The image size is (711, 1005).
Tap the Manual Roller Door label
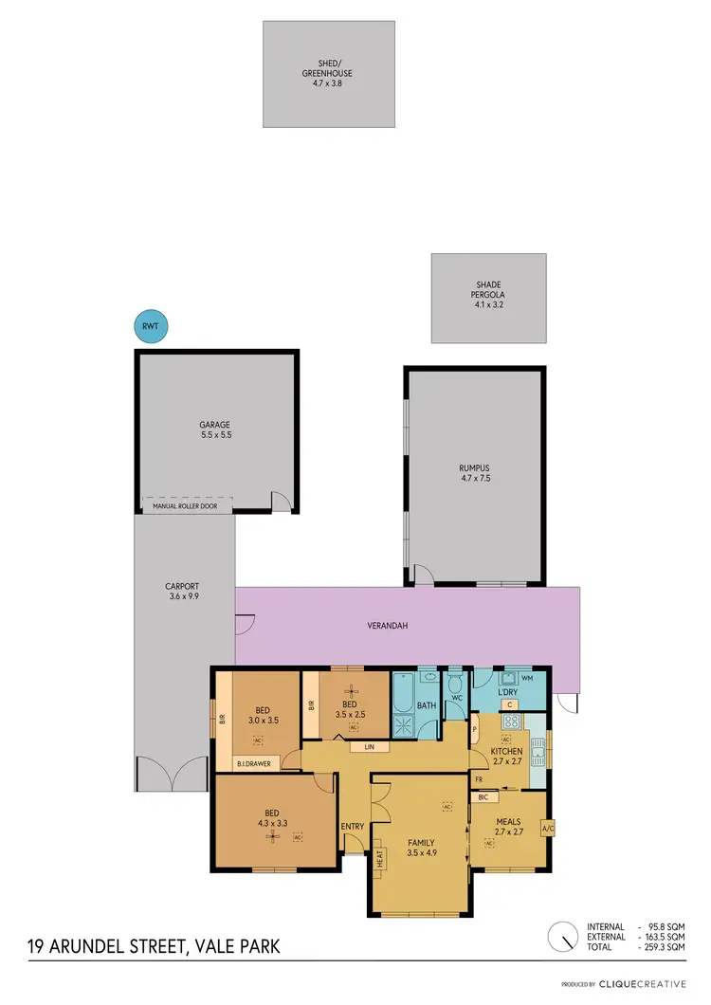(x=185, y=507)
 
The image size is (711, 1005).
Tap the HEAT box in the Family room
(x=379, y=858)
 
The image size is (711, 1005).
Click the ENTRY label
(x=353, y=826)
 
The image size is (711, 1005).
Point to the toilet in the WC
(x=455, y=685)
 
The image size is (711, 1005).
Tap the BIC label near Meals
(x=482, y=797)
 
